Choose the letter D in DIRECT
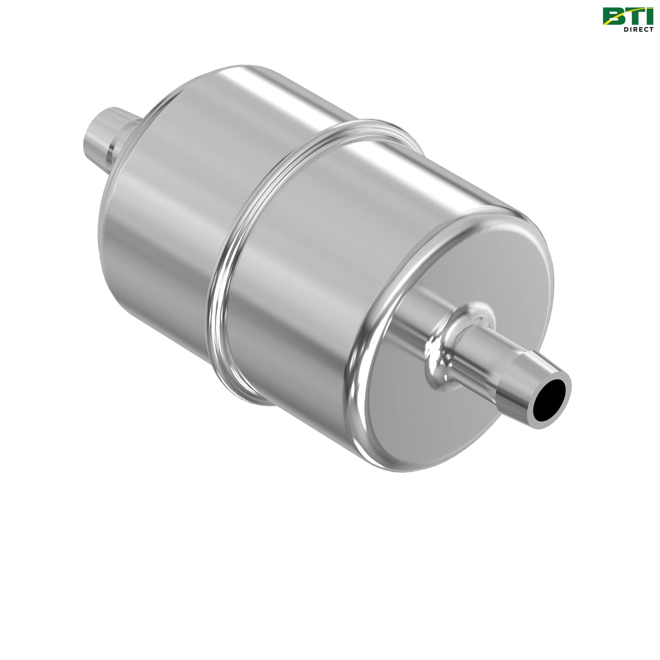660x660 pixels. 626,30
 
